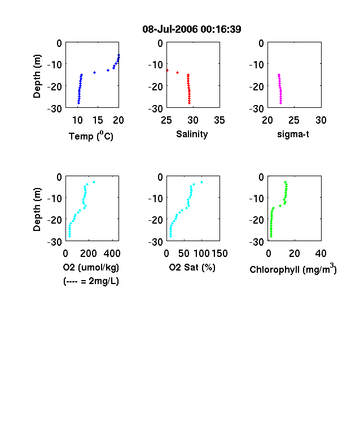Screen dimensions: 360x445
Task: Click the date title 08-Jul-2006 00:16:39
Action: point(192,29)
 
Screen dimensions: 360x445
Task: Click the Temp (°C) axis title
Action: point(91,136)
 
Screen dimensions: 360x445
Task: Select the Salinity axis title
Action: point(192,134)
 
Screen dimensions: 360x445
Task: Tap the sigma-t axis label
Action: point(293,134)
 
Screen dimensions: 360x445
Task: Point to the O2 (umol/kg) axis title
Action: point(91,267)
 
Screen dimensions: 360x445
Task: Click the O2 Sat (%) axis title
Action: point(192,267)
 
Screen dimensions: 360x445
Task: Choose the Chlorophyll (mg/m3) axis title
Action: point(293,268)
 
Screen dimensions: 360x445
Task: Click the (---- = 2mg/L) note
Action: point(91,281)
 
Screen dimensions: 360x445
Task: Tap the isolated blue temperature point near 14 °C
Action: point(94,72)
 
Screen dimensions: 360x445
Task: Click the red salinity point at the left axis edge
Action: point(167,70)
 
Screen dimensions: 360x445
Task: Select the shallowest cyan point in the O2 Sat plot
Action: point(201,182)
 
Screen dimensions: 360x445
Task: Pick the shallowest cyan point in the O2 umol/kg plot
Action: point(94,182)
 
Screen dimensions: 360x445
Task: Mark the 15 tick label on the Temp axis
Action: point(98,120)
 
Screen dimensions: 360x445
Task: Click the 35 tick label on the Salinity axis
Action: point(219,120)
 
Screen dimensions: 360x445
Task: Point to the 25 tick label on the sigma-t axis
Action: point(293,120)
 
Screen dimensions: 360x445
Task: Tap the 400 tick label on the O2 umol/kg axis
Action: point(112,253)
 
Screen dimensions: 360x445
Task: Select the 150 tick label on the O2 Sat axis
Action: point(219,253)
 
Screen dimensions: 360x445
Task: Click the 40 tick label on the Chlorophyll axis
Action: point(321,253)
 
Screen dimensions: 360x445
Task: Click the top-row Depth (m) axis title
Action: point(37,76)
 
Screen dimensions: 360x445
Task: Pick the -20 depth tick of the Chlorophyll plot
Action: point(256,220)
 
